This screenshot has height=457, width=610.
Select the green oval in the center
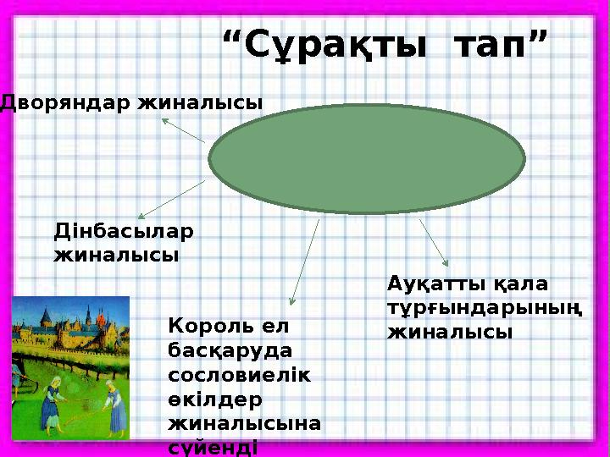pyautogui.click(x=368, y=159)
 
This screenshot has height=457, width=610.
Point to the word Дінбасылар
pyautogui.click(x=124, y=231)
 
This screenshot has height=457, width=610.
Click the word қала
pyautogui.click(x=520, y=283)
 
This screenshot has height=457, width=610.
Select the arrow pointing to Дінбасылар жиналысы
pyautogui.click(x=169, y=200)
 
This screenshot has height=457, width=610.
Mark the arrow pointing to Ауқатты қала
pyautogui.click(x=435, y=244)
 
